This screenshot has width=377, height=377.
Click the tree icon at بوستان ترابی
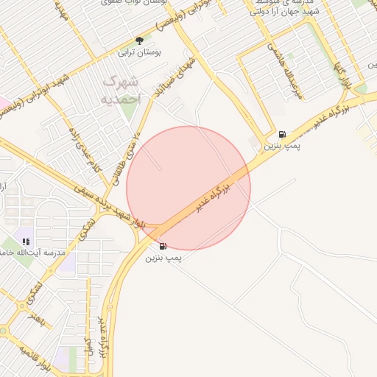pyautogui.click(x=139, y=40)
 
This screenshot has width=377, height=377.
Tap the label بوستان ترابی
pyautogui.click(x=139, y=53)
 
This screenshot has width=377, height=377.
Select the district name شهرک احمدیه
pyautogui.click(x=120, y=88)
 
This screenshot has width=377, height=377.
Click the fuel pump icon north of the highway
pyautogui.click(x=283, y=134)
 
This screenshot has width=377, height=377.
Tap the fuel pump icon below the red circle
pyautogui.click(x=162, y=245)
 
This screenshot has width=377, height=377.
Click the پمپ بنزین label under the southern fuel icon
pyautogui.click(x=163, y=258)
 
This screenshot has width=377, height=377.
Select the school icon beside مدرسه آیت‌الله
pyautogui.click(x=26, y=241)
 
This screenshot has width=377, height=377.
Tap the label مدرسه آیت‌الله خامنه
pyautogui.click(x=30, y=253)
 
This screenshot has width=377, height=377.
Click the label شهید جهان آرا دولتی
pyautogui.click(x=283, y=12)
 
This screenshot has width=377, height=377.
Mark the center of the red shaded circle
pyautogui.click(x=188, y=188)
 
